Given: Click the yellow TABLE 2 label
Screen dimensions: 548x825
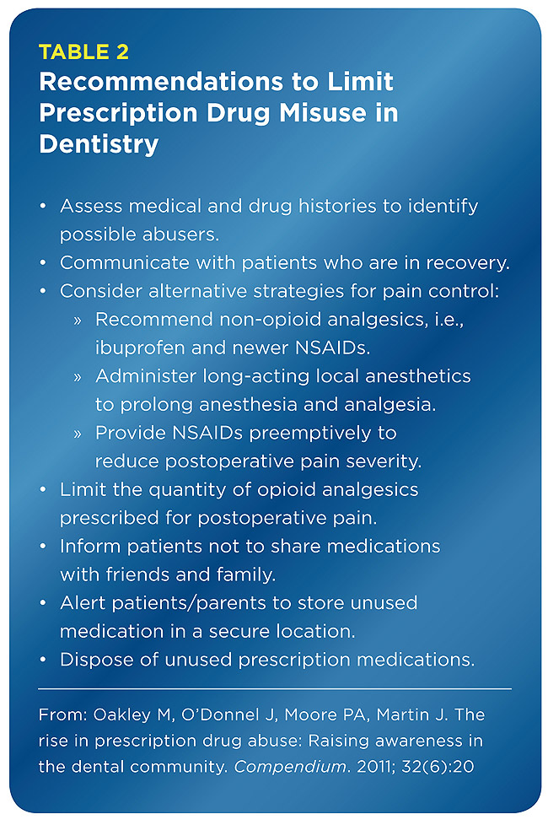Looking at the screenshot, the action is point(83,52).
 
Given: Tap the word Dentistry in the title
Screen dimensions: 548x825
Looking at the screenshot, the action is point(99,144).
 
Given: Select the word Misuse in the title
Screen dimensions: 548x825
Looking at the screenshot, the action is point(322,112).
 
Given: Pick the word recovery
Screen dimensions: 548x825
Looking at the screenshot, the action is point(468,263).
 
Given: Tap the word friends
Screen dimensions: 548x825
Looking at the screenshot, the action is point(137,574).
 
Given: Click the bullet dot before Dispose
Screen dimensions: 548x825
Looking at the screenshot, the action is point(43,661).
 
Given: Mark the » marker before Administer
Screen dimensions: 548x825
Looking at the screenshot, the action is point(78,377).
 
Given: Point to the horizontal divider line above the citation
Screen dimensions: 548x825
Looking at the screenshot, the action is point(275,688).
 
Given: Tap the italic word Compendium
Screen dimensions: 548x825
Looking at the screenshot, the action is point(290,767).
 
